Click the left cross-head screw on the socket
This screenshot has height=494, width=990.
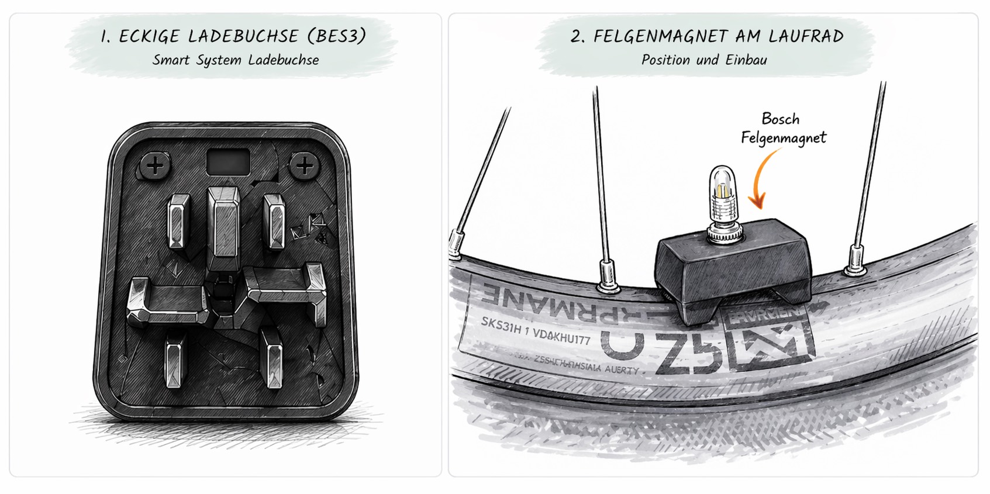[155, 166]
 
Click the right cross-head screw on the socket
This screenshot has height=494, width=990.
[304, 166]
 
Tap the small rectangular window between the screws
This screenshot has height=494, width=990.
[228, 161]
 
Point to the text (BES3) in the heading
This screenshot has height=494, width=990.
[337, 36]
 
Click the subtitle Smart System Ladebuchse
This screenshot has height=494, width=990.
[235, 60]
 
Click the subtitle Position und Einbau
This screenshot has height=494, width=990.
[704, 60]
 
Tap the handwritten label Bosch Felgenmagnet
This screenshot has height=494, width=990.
[782, 128]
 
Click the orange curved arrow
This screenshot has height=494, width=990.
[764, 179]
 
